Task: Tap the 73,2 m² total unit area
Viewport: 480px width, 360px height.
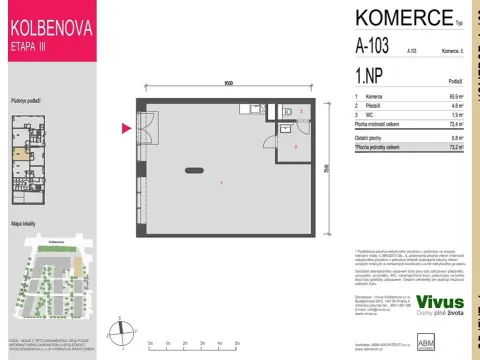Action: pos(456,146)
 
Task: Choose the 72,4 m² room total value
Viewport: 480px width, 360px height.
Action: pos(455,124)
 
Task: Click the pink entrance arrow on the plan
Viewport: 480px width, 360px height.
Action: pos(126,127)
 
